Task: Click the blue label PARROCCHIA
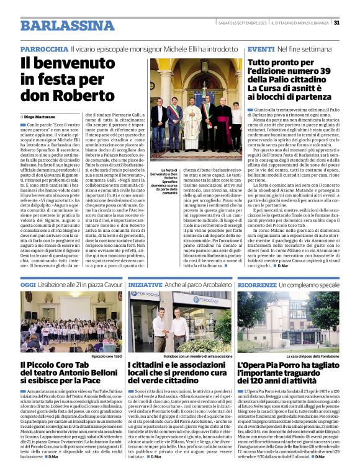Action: click(x=44, y=49)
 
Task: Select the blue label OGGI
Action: click(x=28, y=284)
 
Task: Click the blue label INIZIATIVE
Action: click(x=146, y=284)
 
